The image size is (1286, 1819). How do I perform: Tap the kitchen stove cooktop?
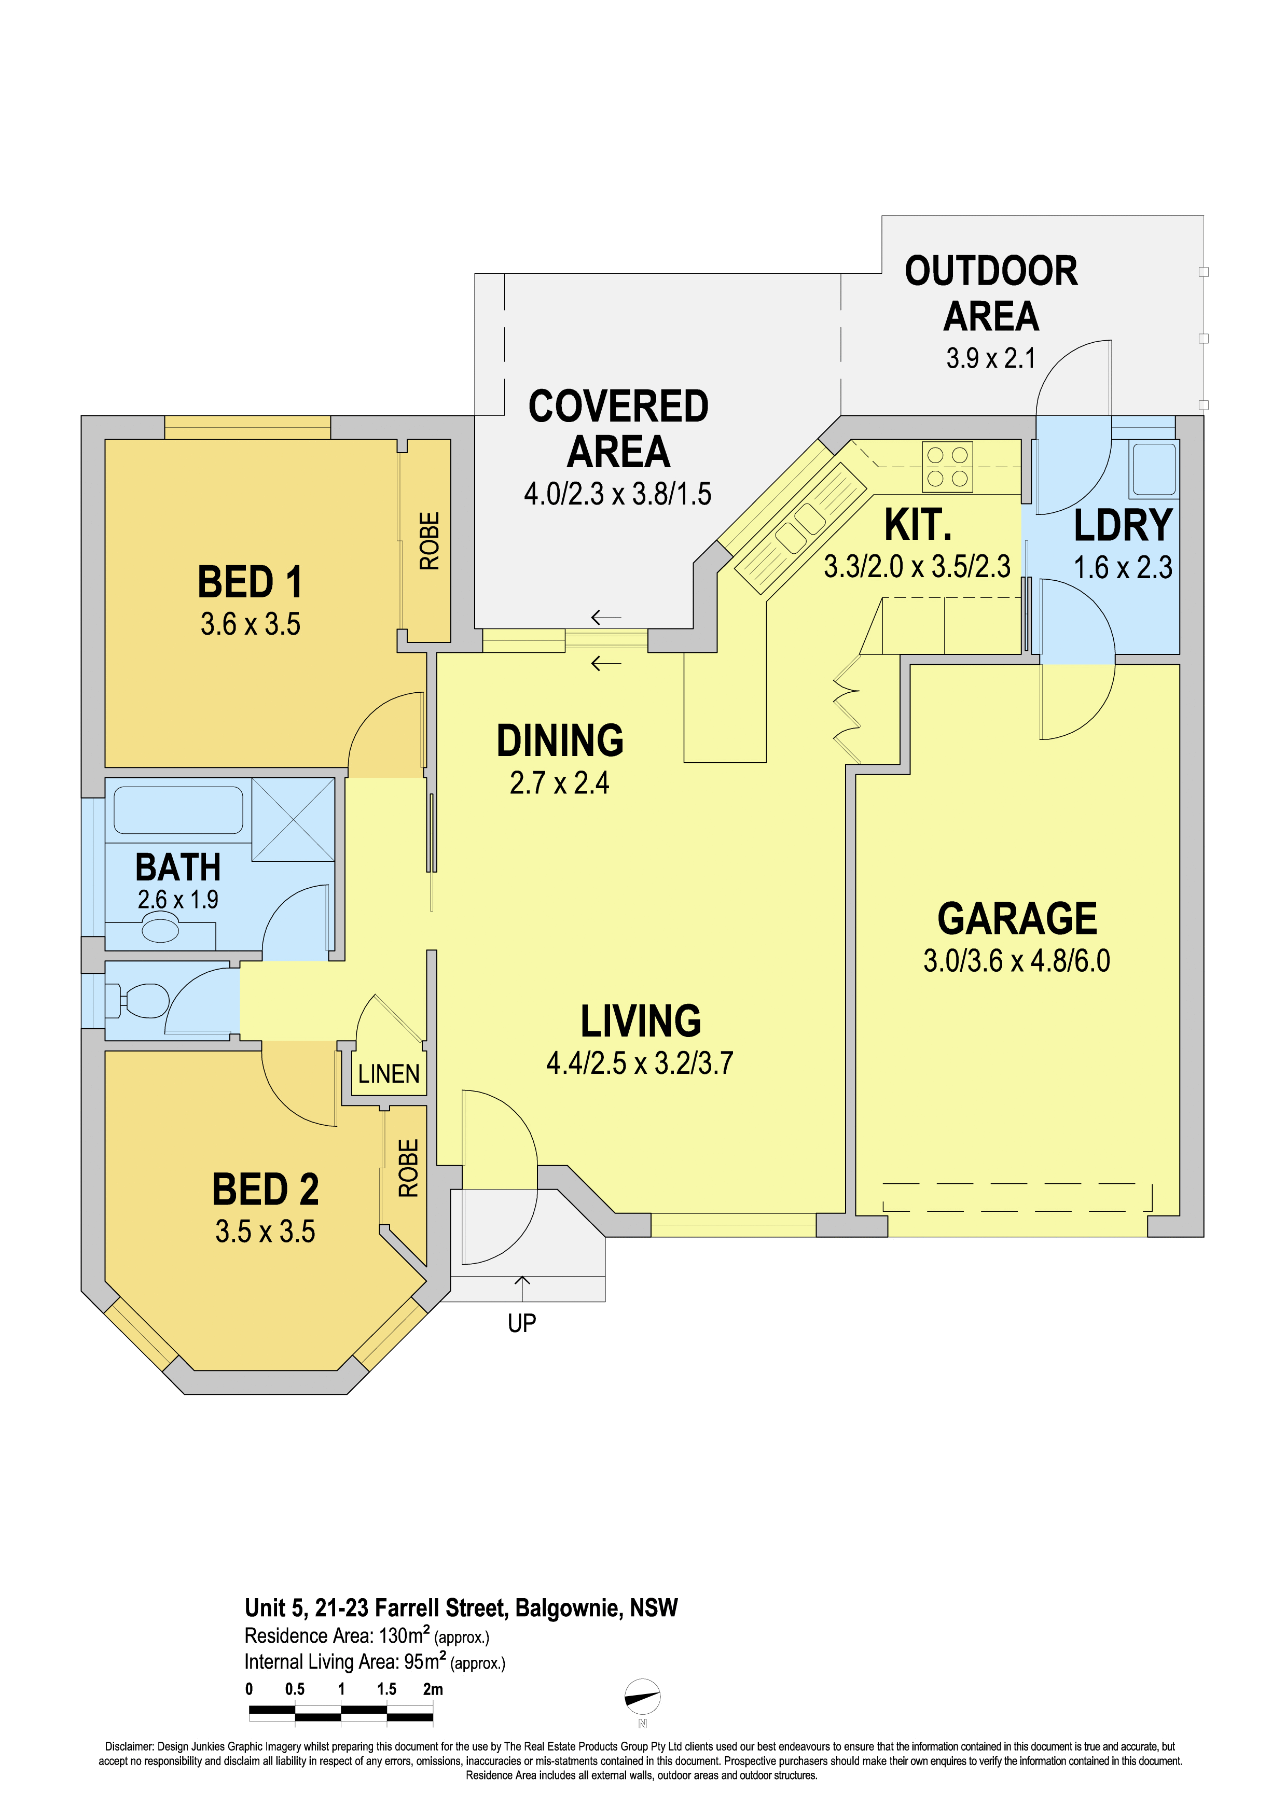(x=948, y=467)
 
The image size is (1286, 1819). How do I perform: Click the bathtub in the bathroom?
(x=178, y=809)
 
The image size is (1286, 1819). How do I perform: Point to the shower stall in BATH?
(x=293, y=819)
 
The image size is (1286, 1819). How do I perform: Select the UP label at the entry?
(x=522, y=1323)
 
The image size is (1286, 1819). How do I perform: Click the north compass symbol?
(x=643, y=1697)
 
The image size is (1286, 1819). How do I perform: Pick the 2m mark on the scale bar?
(x=433, y=1689)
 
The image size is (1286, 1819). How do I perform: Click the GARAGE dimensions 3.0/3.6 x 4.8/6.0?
(x=1017, y=961)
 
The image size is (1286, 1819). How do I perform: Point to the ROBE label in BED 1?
(x=428, y=541)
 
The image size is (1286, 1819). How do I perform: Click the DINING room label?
(x=560, y=741)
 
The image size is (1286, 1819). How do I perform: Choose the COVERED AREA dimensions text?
(x=617, y=494)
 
